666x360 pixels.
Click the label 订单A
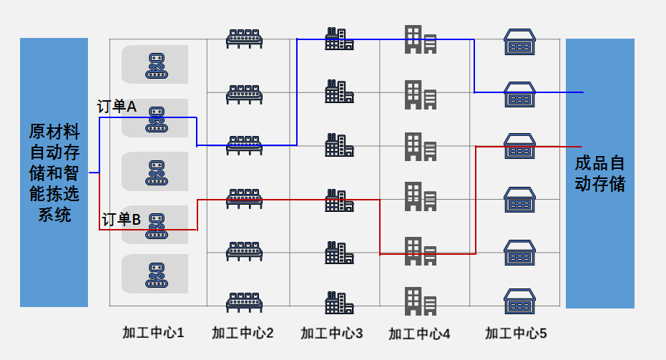(x=117, y=107)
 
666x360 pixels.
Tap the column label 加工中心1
(x=153, y=333)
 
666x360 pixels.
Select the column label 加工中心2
(x=243, y=333)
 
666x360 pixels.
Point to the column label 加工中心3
(x=332, y=333)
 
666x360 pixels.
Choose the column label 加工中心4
(x=420, y=334)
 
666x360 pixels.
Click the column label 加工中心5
(x=516, y=333)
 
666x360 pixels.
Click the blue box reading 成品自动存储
(x=599, y=173)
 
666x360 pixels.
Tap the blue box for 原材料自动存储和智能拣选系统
(x=54, y=172)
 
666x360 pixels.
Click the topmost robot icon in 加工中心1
(x=156, y=65)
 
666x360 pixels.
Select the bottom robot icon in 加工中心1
(x=156, y=276)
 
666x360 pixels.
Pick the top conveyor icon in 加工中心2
(x=243, y=39)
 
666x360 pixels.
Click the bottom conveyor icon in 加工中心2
(x=243, y=302)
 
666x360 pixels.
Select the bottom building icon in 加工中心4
(x=421, y=301)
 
